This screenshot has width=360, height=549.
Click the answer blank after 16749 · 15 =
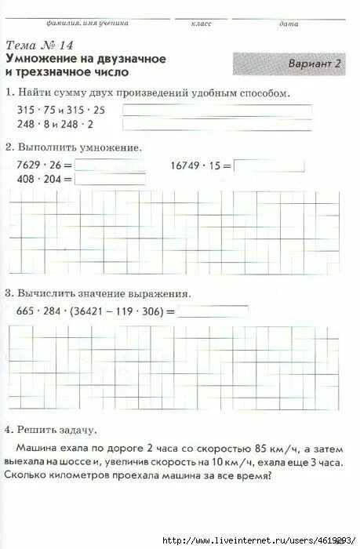point(269,165)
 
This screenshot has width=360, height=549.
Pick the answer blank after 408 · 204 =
point(109,179)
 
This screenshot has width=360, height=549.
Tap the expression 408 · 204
point(36,180)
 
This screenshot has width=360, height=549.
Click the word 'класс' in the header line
point(201,25)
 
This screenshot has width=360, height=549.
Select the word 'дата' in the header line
point(288,25)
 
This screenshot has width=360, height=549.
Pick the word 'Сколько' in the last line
point(35,475)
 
